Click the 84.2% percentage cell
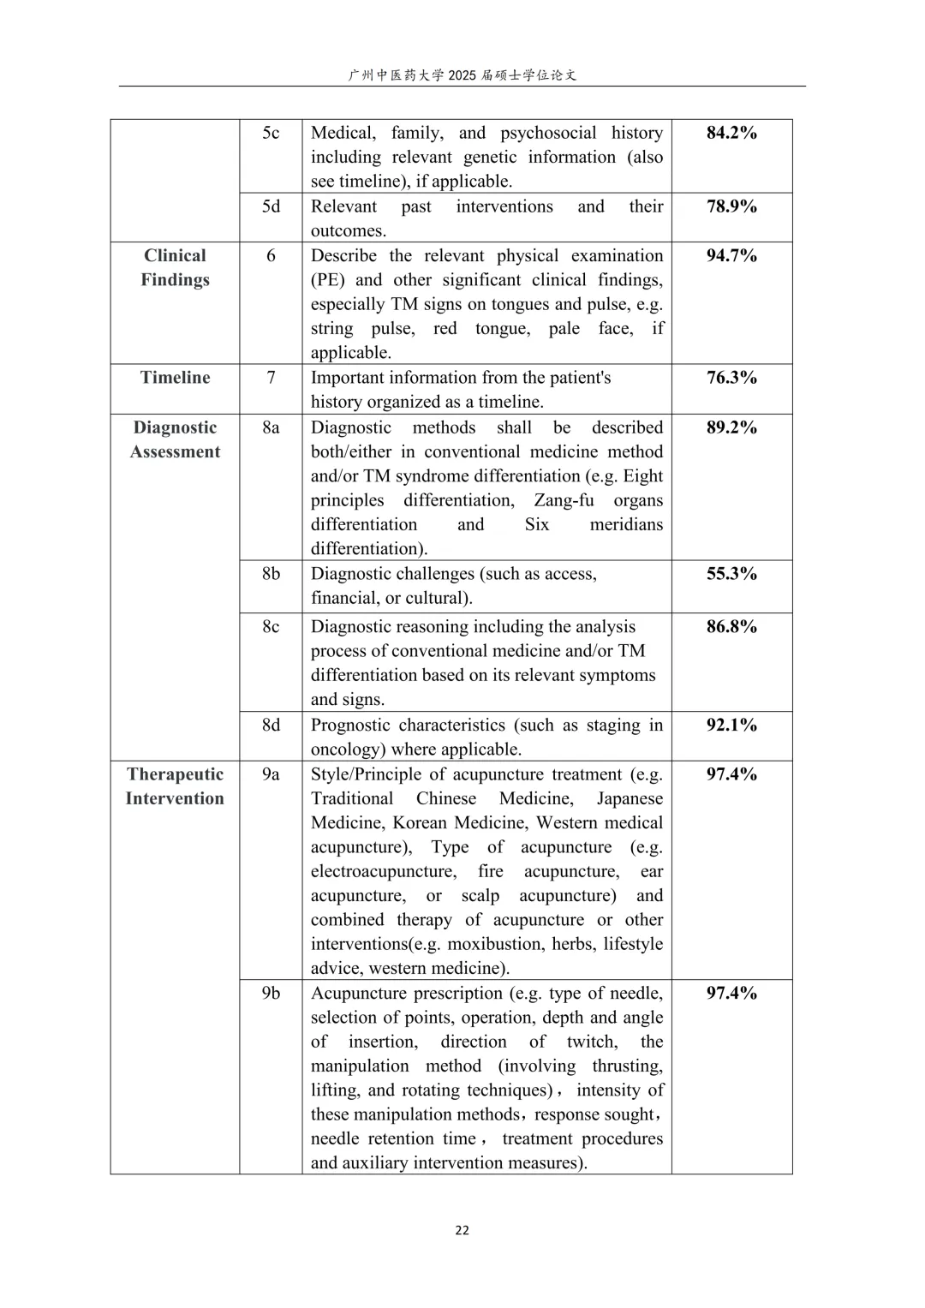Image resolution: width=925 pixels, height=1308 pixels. click(731, 133)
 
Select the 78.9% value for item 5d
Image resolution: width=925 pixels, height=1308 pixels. click(731, 206)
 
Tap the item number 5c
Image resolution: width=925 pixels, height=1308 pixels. click(271, 133)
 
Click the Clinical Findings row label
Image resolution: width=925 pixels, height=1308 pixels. click(175, 267)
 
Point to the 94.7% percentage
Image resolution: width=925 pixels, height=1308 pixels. click(731, 255)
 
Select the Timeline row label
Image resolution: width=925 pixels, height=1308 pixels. click(175, 378)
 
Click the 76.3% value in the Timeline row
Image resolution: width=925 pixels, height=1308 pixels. click(731, 378)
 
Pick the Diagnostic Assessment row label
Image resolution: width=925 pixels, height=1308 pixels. click(175, 439)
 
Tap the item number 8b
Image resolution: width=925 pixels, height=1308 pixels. click(271, 574)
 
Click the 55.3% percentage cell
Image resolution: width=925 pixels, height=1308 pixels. click(731, 574)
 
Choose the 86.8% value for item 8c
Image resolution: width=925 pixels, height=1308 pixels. click(731, 626)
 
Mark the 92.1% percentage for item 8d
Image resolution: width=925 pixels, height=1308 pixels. click(731, 725)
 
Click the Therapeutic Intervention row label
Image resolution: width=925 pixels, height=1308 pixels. click(175, 786)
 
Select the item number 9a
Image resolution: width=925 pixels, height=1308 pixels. click(271, 774)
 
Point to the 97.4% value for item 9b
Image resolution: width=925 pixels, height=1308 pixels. click(731, 993)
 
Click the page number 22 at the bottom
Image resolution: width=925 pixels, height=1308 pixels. click(462, 1230)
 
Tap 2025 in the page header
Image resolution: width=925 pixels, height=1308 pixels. click(461, 75)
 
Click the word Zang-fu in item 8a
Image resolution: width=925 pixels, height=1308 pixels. click(564, 500)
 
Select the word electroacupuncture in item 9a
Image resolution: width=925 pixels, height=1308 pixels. click(383, 871)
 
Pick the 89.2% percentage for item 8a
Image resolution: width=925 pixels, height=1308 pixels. click(731, 427)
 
